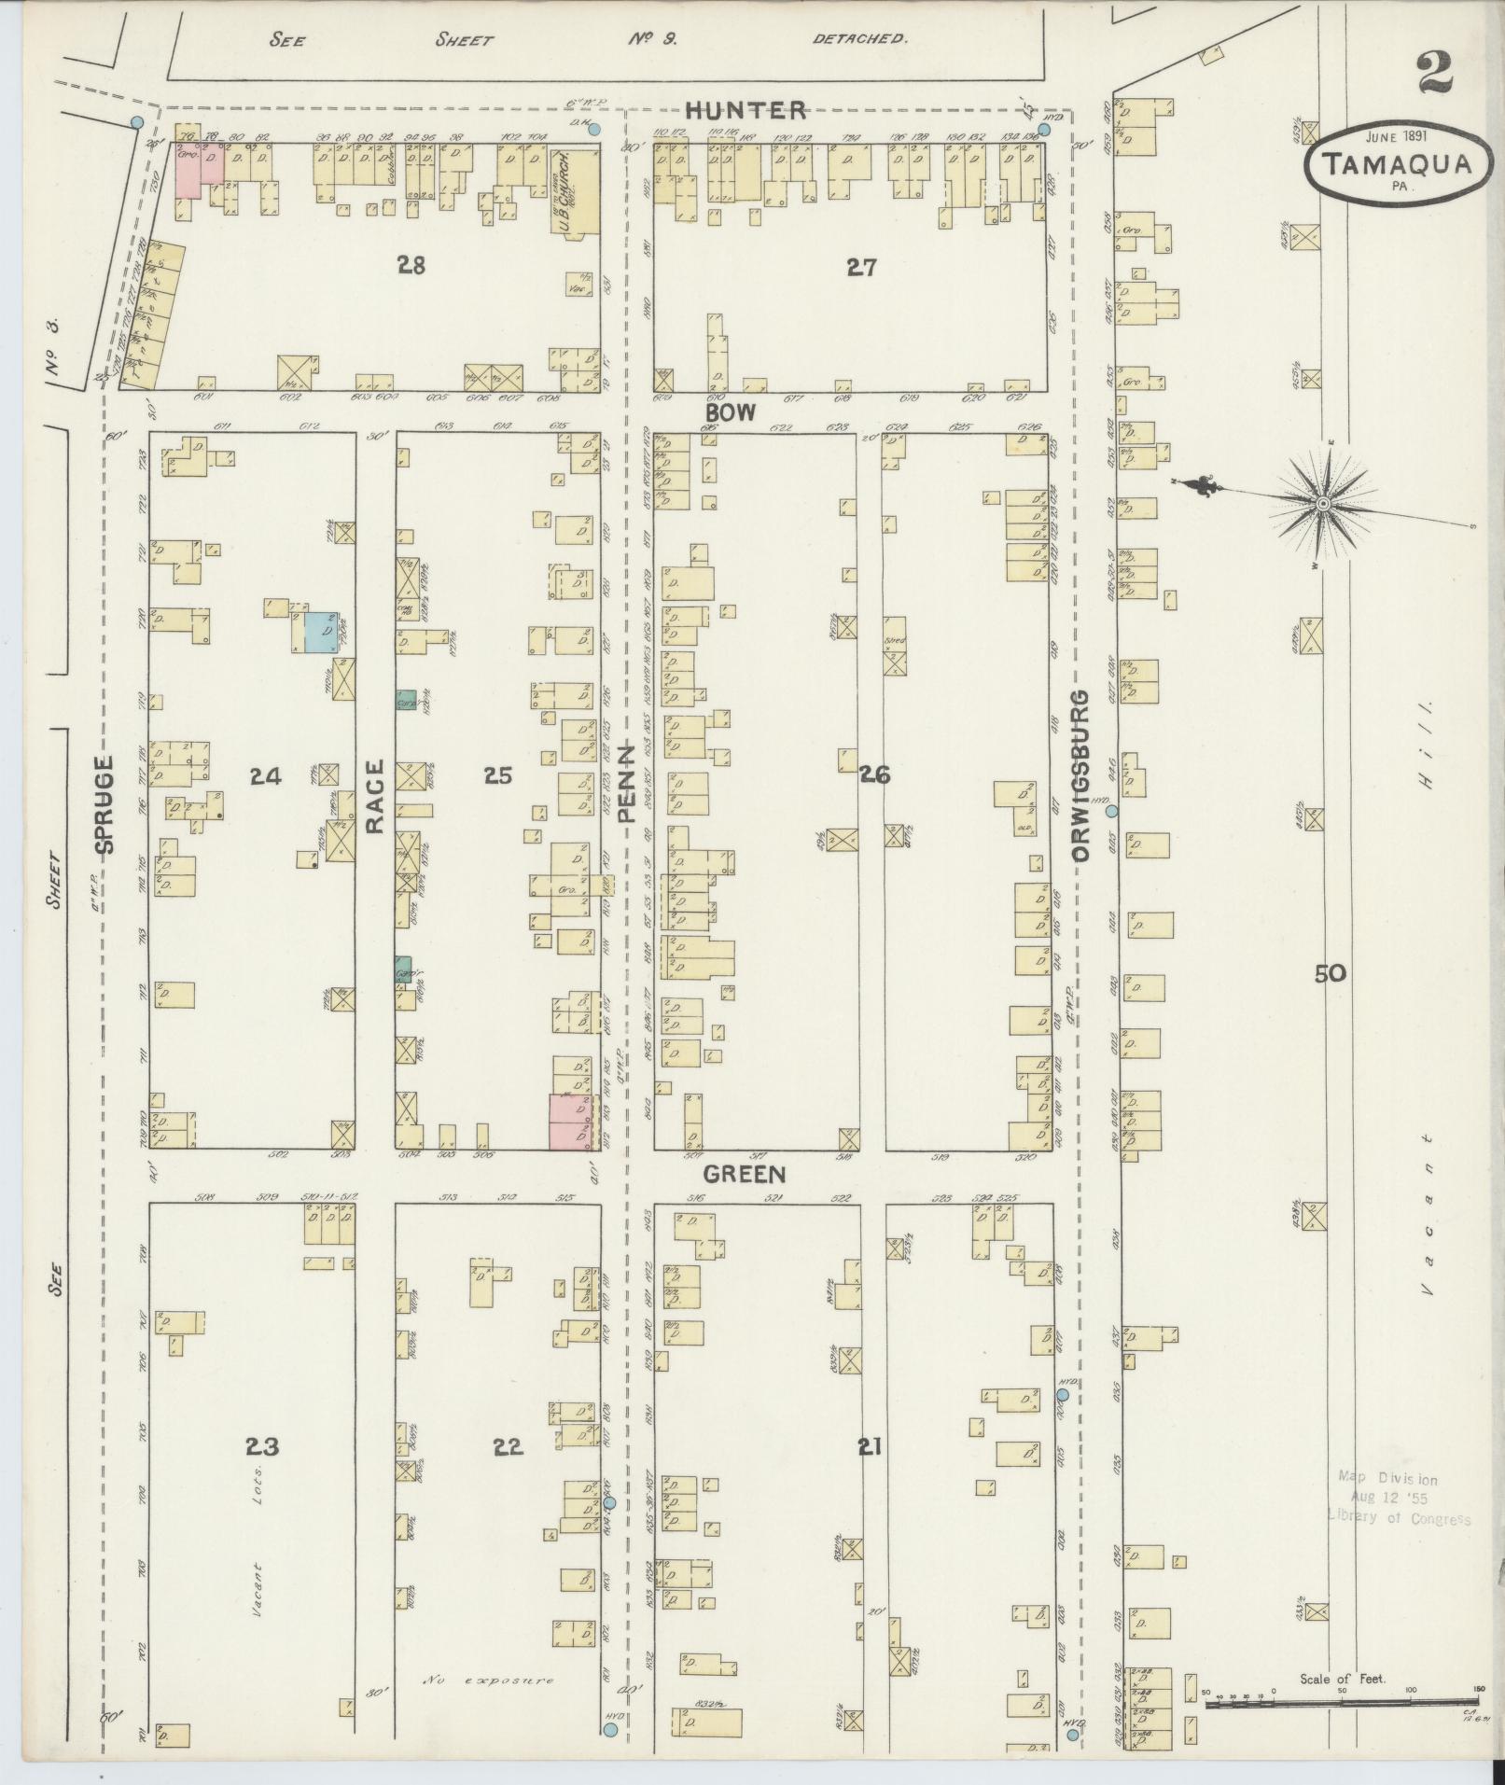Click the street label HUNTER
(746, 110)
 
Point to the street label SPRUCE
(105, 803)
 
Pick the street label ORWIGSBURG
(1081, 775)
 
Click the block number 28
(411, 266)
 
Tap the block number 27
(860, 268)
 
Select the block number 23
(262, 1446)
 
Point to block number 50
(1331, 973)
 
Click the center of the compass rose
(1322, 504)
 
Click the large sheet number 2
(1435, 73)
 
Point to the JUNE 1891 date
(1395, 134)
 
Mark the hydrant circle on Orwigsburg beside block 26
(1111, 811)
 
